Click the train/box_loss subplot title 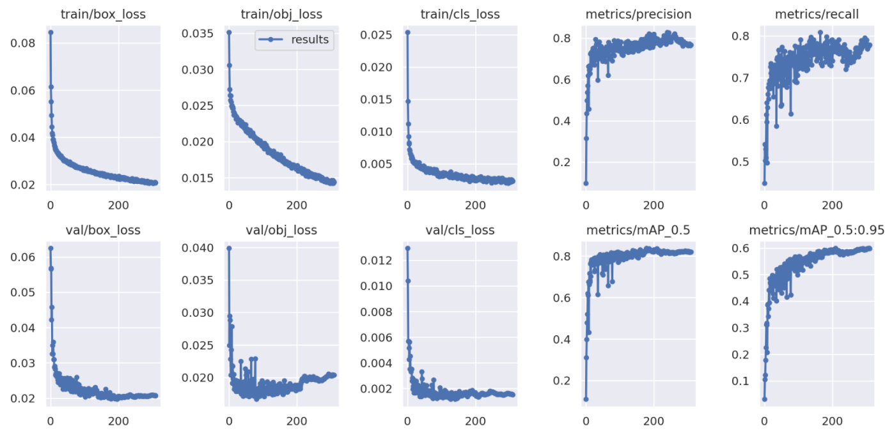pyautogui.click(x=102, y=15)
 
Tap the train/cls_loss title pyautogui.click(x=460, y=15)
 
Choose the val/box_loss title pyautogui.click(x=102, y=230)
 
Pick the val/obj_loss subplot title pyautogui.click(x=281, y=230)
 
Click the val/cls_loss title pyautogui.click(x=460, y=230)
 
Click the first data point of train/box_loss pyautogui.click(x=51, y=32)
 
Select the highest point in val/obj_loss pyautogui.click(x=229, y=248)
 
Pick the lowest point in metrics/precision pyautogui.click(x=586, y=183)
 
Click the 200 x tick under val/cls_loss pyautogui.click(x=475, y=422)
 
